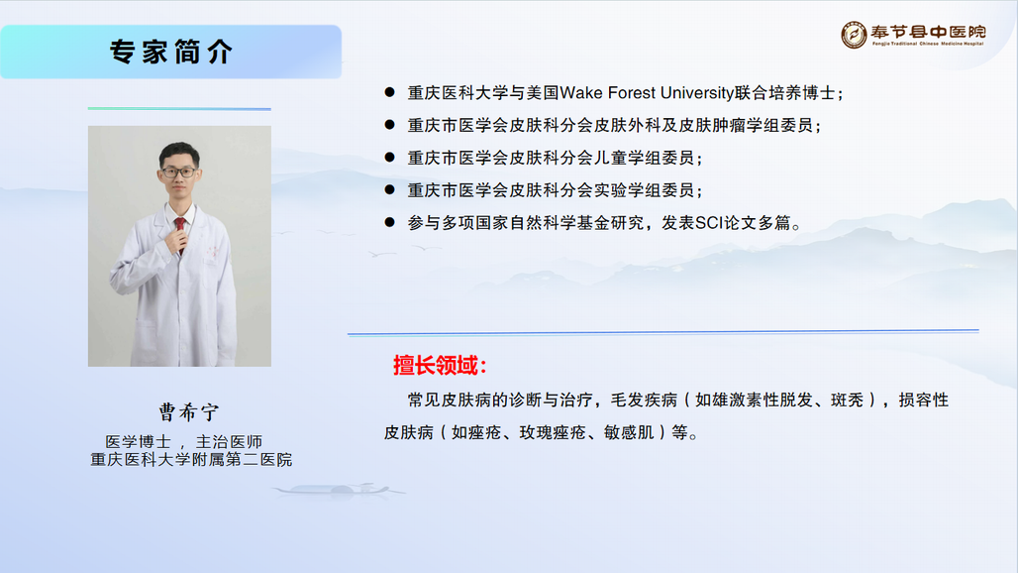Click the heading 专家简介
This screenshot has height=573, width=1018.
pyautogui.click(x=170, y=52)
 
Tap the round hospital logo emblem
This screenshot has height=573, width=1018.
pyautogui.click(x=854, y=35)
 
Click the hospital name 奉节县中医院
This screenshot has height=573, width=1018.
pyautogui.click(x=929, y=32)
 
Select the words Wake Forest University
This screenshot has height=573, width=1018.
pyautogui.click(x=647, y=93)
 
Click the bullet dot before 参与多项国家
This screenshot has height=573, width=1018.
pyautogui.click(x=389, y=222)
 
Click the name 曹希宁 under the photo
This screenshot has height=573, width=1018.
pyautogui.click(x=189, y=411)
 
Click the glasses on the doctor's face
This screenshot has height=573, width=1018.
pyautogui.click(x=178, y=172)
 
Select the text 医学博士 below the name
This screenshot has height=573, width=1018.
pyautogui.click(x=139, y=442)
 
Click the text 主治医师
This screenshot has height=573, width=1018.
pyautogui.click(x=229, y=442)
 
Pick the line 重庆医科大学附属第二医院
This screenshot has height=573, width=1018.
pyautogui.click(x=191, y=459)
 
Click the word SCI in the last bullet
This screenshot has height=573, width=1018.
pyautogui.click(x=709, y=223)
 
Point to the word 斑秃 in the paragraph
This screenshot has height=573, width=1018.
pyautogui.click(x=848, y=401)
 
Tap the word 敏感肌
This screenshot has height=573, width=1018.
pyautogui.click(x=629, y=432)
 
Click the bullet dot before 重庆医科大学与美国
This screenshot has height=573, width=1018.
pyautogui.click(x=389, y=92)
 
